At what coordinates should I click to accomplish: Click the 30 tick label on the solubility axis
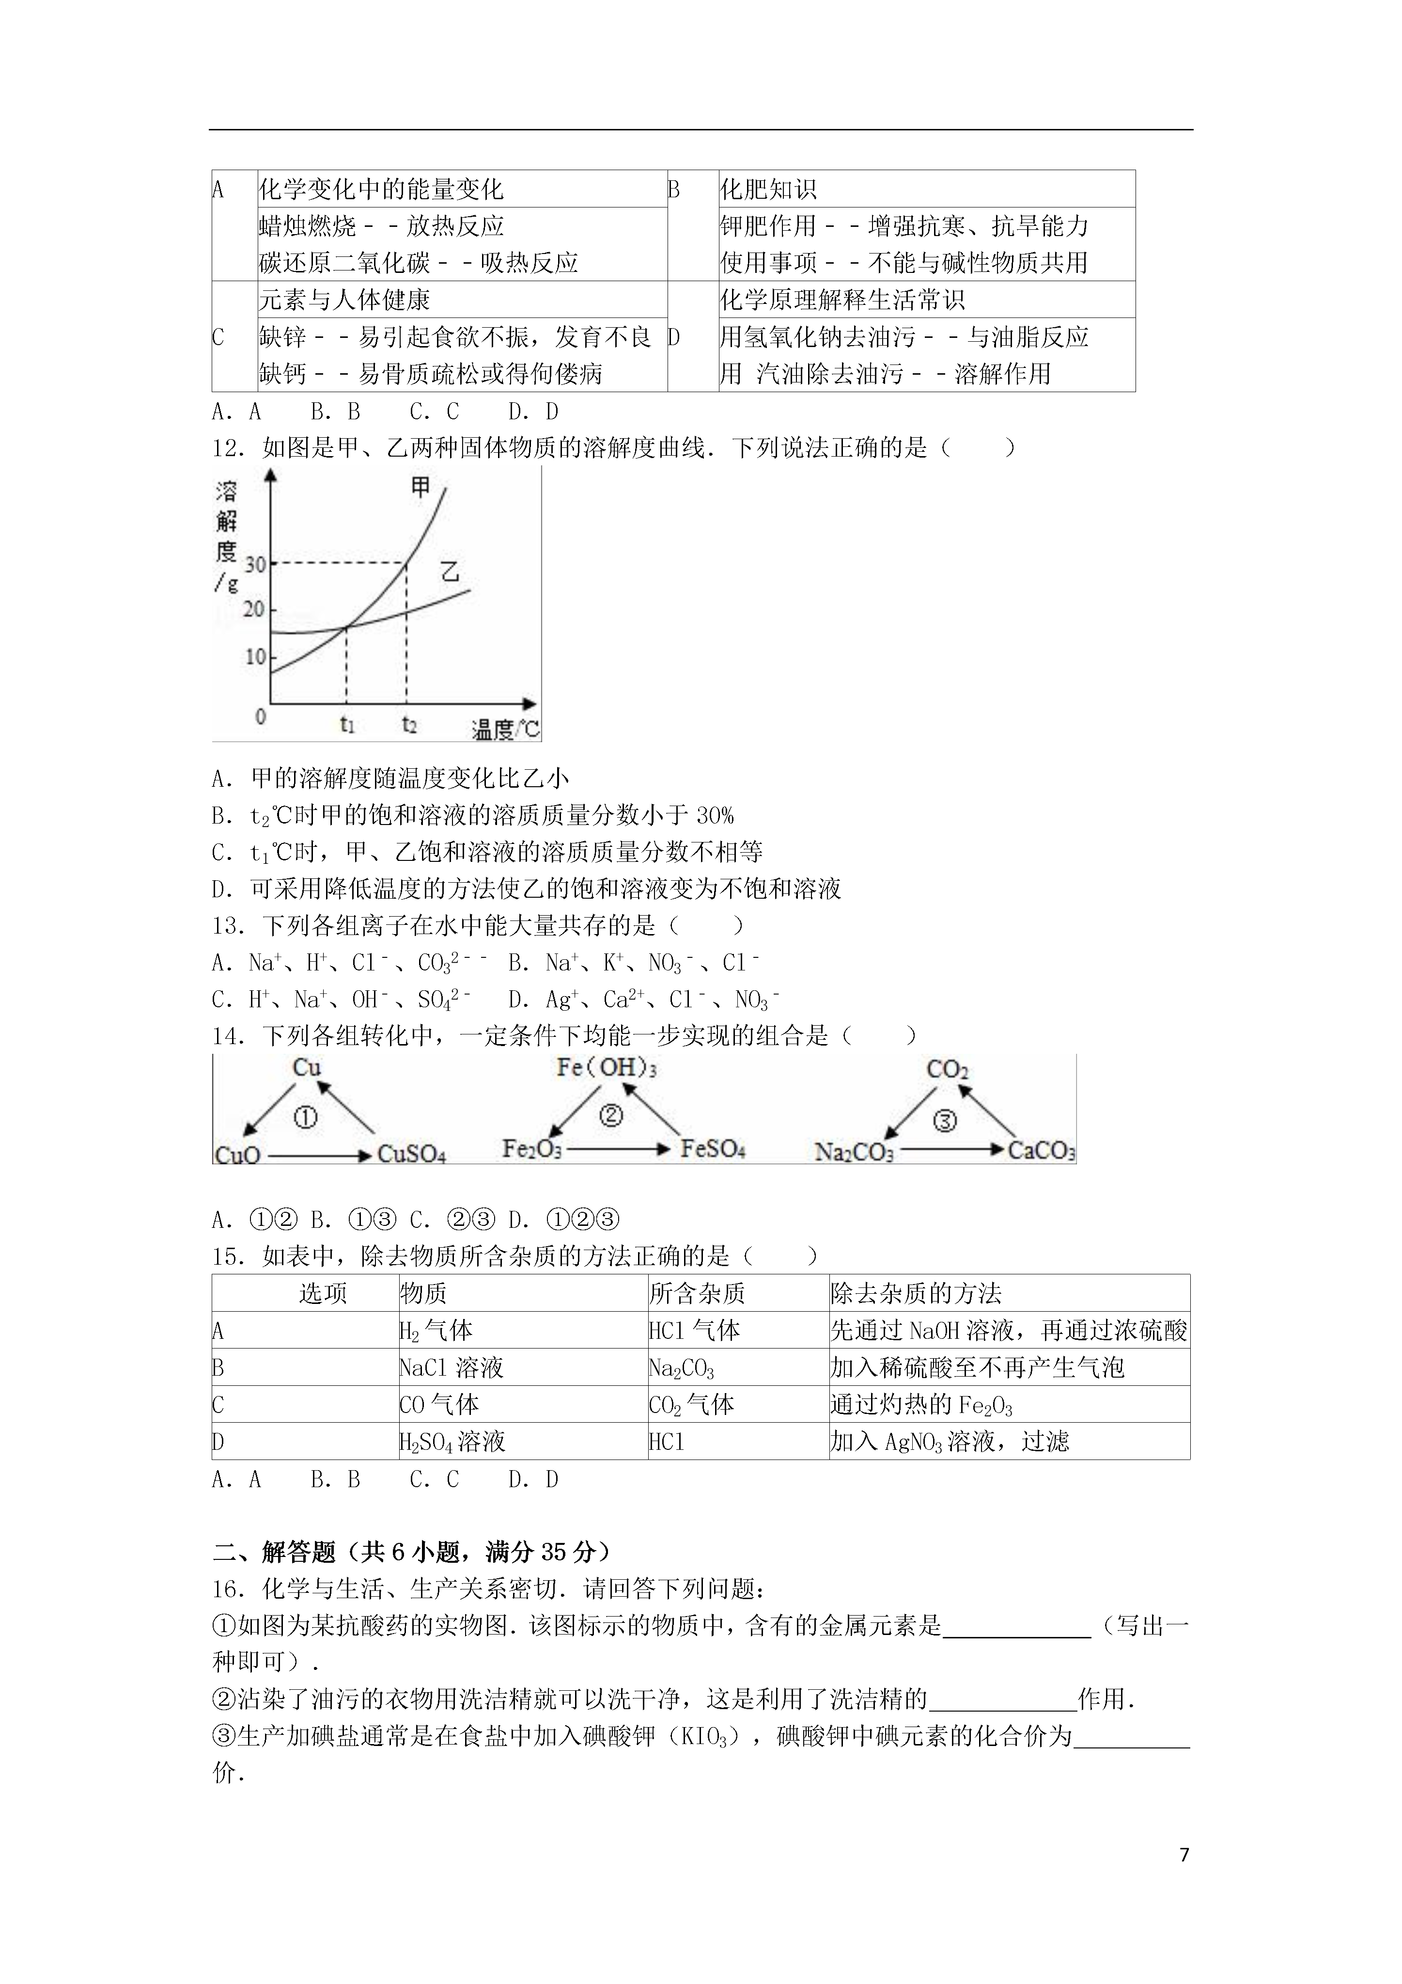(255, 564)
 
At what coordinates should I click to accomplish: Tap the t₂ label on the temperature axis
(408, 724)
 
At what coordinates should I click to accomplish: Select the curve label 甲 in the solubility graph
(420, 487)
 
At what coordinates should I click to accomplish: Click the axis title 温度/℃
(505, 730)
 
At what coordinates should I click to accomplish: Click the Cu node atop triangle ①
(307, 1068)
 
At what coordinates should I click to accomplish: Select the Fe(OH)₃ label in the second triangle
(607, 1068)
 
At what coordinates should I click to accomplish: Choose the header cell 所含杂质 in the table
(697, 1294)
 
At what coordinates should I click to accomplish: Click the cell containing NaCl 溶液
(451, 1368)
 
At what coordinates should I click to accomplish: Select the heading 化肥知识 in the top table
(768, 189)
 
